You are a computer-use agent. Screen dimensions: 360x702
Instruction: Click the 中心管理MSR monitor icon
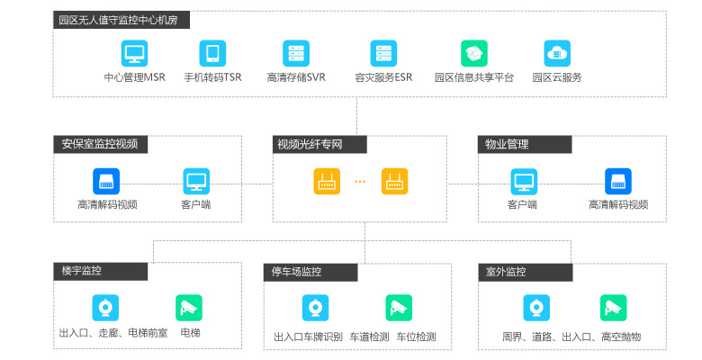pos(134,52)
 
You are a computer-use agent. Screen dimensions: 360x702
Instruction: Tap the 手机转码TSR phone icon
pos(212,52)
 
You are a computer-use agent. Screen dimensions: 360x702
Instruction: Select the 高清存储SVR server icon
pos(296,52)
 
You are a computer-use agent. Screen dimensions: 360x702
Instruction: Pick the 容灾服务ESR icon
pos(383,52)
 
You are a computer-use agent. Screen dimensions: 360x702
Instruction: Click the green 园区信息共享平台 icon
pos(473,52)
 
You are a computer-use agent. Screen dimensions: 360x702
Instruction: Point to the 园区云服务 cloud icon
pos(557,52)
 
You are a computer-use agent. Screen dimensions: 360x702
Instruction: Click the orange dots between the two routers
pos(360,182)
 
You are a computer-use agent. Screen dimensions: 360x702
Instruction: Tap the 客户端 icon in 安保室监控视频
pos(196,181)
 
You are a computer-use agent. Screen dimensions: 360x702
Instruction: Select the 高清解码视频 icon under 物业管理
pos(618,181)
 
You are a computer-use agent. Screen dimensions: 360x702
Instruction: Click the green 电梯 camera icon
pos(189,308)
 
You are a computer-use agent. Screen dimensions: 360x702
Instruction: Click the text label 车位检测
pos(416,337)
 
